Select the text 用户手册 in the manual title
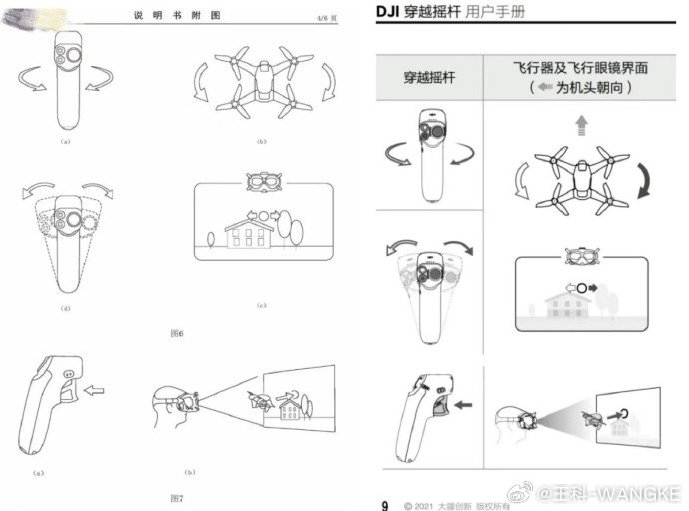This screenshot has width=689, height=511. click(490, 12)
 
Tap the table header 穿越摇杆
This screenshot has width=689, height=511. click(428, 77)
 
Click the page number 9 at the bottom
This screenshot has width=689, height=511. click(384, 504)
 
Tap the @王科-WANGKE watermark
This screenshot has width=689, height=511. click(611, 494)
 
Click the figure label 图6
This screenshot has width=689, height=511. click(176, 332)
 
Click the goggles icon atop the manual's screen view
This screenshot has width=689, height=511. click(581, 258)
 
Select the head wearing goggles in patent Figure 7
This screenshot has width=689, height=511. click(172, 403)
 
